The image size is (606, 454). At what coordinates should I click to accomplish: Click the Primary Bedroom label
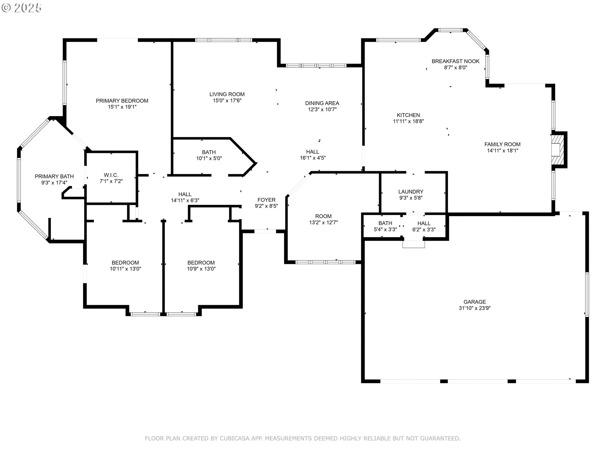[122, 101]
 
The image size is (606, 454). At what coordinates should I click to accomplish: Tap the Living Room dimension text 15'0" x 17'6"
[227, 101]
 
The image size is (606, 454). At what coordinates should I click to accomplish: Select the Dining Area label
[322, 103]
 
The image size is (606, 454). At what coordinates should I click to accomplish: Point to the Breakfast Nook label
[455, 61]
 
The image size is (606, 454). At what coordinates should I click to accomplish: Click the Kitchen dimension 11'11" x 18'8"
[408, 121]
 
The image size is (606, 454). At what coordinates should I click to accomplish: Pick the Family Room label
[502, 144]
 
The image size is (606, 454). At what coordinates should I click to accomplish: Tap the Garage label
[475, 302]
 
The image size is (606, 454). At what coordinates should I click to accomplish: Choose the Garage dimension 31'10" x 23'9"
[475, 308]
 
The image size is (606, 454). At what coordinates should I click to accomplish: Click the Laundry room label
[411, 192]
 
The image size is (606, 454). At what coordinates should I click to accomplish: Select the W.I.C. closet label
[111, 175]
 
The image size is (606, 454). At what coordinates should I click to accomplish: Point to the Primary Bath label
[54, 177]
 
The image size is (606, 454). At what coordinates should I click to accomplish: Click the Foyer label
[266, 200]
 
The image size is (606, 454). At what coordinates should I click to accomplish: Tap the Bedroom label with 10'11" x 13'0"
[125, 263]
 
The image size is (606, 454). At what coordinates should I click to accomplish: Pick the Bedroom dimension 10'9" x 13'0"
[201, 269]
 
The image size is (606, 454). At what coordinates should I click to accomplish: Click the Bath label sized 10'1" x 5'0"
[209, 152]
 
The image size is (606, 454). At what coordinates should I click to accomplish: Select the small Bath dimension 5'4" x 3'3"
[385, 230]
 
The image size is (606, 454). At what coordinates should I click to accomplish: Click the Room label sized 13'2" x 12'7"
[323, 216]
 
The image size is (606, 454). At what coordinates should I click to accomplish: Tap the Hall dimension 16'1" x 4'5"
[312, 158]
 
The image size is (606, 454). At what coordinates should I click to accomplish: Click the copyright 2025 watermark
[21, 8]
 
